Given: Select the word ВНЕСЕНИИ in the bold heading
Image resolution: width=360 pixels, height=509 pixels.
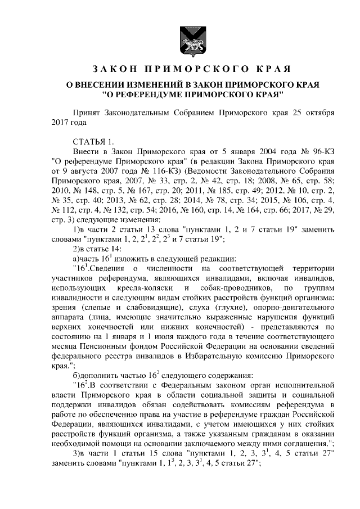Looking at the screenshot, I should click(110, 84).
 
